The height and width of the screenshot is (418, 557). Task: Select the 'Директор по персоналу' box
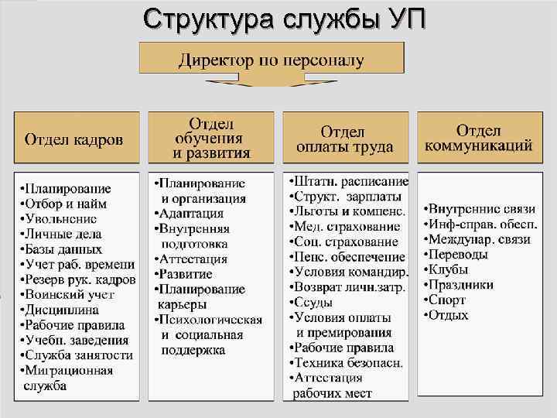point(270,59)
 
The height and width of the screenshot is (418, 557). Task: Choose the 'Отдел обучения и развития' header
point(210,139)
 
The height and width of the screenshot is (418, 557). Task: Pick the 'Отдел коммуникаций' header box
point(478,138)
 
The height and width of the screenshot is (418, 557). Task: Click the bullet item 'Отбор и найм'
point(65,204)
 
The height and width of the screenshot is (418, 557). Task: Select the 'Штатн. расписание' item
point(348,181)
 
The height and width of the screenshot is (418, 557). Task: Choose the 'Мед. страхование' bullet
point(345,226)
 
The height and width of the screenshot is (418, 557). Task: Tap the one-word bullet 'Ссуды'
point(313,302)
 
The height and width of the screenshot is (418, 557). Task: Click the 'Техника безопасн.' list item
point(346,362)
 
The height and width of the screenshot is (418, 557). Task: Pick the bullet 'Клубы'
point(449,269)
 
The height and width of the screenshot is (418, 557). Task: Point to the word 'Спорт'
point(449,300)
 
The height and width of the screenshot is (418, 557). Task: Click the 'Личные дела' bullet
point(64,234)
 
